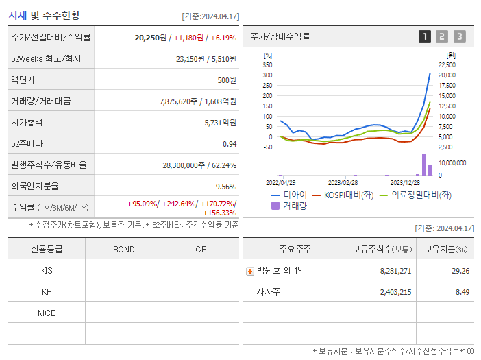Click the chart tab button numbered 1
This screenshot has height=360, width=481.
pos(425,36)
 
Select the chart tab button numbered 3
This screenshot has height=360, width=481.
pos(459,36)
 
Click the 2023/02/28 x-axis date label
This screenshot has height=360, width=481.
pos(343,183)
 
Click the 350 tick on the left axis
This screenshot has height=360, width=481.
pos(267,64)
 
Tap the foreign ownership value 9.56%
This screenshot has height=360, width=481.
pos(225,186)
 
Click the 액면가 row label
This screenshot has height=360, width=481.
pos(23,80)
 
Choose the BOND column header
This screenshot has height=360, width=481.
pos(123,249)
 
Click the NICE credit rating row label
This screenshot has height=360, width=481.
pos(47,313)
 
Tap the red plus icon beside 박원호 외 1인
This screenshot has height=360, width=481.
pos(249,271)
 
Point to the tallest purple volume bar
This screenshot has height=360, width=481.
pos(424,165)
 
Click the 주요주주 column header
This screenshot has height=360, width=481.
pos(294,249)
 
